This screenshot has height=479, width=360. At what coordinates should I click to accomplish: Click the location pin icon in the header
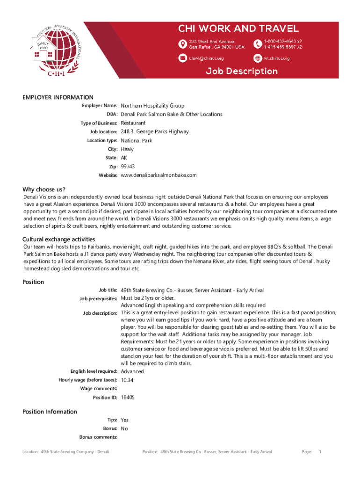coord(182,44)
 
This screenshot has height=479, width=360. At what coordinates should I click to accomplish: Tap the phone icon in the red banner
coord(257,44)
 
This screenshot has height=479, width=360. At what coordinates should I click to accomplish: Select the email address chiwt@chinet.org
coord(206,58)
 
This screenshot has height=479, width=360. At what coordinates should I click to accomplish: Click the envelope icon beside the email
coord(182,58)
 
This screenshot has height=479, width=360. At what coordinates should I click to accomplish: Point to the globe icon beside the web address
coord(257,58)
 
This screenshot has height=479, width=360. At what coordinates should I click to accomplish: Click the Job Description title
coord(242,71)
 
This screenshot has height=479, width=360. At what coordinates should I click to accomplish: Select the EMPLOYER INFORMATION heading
coord(58,97)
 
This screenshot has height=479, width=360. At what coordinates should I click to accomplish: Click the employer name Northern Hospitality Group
coord(152,106)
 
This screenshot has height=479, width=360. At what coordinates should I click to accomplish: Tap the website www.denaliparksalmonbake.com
coord(158,175)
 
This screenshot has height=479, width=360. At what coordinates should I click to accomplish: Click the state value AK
coord(124,158)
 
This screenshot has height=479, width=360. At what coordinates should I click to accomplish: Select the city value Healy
coord(127,149)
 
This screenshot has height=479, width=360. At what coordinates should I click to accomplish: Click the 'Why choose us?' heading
coord(44,189)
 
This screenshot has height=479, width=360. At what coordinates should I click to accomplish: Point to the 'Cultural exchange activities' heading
coord(59,239)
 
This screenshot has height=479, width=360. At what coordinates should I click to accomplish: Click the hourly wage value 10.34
coord(127,380)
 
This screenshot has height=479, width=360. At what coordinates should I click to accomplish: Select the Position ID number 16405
coord(128,397)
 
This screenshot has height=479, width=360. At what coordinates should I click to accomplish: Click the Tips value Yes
coord(124,420)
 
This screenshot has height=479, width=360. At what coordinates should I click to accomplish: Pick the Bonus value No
coord(124,428)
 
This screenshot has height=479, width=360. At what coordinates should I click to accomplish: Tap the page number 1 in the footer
coord(320,451)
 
